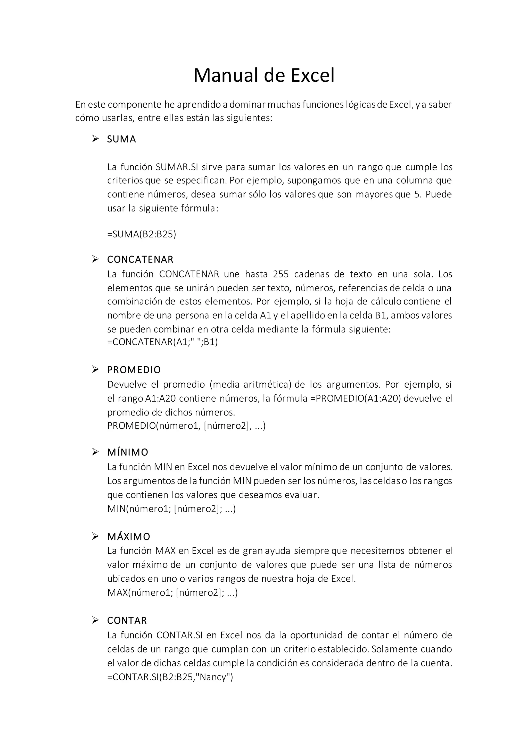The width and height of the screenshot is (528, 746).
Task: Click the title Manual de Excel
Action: click(264, 75)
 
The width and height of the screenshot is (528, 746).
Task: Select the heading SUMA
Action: click(122, 139)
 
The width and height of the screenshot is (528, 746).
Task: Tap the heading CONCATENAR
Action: click(141, 259)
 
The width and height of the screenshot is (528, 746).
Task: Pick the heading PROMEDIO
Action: click(134, 370)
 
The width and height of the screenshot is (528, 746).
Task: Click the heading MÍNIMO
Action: click(128, 452)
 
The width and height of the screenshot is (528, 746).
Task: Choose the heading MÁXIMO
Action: click(129, 536)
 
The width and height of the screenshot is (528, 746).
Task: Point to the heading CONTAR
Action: click(127, 621)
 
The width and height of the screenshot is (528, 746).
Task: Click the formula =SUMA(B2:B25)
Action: click(142, 234)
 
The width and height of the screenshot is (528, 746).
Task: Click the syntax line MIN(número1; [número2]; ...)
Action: click(171, 509)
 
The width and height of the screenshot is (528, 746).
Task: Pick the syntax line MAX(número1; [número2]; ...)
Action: click(172, 593)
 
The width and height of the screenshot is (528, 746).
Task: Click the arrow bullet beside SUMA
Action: click(95, 139)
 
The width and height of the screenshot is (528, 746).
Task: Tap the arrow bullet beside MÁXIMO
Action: click(95, 536)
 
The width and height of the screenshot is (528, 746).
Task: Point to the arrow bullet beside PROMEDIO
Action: click(95, 370)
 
